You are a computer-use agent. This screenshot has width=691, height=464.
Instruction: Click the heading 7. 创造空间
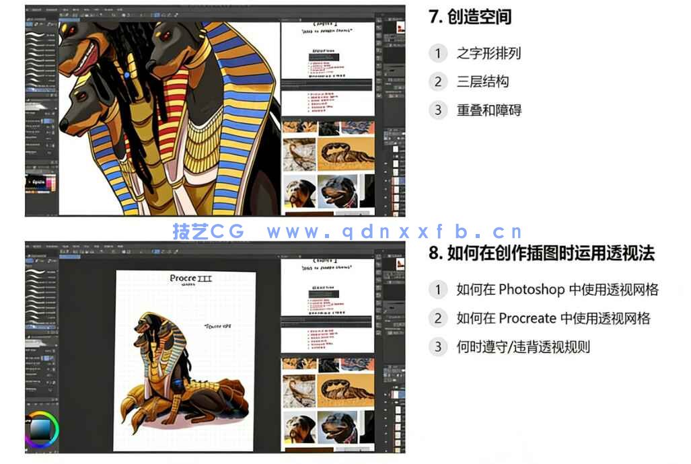470,17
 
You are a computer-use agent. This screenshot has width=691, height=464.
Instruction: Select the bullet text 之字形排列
488,54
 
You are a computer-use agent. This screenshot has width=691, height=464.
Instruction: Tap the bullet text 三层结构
482,82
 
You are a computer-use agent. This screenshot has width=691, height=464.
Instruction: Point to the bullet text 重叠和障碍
488,110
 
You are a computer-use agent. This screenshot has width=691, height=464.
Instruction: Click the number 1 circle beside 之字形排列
438,54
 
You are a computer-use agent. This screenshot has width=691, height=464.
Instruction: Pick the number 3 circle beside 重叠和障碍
438,110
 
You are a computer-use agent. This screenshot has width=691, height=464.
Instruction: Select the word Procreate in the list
523,318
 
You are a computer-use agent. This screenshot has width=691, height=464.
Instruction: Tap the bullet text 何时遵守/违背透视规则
523,347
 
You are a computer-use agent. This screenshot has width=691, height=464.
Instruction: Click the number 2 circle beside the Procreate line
438,318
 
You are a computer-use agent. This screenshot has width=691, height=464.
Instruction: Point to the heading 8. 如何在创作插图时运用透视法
542,254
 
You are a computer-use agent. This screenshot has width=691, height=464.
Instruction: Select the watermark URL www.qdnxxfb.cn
394,232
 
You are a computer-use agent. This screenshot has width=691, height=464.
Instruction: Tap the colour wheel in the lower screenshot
42,428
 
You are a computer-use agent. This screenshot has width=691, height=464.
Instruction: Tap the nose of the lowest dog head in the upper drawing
63,125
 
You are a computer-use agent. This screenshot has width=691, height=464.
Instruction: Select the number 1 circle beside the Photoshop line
438,290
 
